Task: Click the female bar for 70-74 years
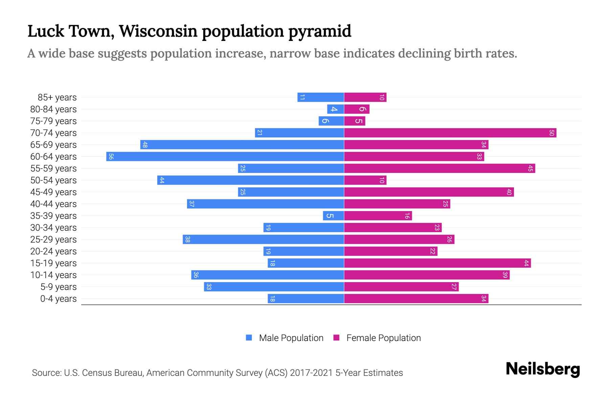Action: coord(450,133)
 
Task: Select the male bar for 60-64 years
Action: coord(225,157)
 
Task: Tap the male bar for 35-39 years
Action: coord(333,216)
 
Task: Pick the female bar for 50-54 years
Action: coord(365,180)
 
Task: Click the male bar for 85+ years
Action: coord(321,97)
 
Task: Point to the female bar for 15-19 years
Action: coord(437,263)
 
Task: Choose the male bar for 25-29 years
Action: coord(263,240)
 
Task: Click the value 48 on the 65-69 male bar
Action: coord(145,145)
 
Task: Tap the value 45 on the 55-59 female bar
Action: coord(530,168)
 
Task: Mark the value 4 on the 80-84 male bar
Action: coord(334,109)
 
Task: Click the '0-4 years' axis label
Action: coord(58,299)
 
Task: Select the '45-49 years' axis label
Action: coord(53,192)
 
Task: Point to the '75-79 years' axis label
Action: coord(53,121)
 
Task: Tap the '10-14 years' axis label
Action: coord(53,275)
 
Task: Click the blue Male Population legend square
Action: coord(249,338)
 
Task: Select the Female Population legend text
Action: coord(383,338)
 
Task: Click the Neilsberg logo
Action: coord(543,369)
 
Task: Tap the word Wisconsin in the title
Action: coord(158,31)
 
